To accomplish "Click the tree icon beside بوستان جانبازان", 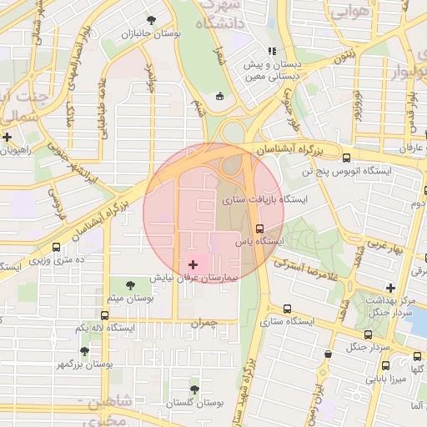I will pyautogui.click(x=151, y=20).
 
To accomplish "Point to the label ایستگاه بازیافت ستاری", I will pyautogui.click(x=264, y=201).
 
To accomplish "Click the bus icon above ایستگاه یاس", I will pyautogui.click(x=259, y=228).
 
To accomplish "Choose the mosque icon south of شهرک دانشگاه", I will pyautogui.click(x=219, y=96).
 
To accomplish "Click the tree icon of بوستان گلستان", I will pyautogui.click(x=194, y=389).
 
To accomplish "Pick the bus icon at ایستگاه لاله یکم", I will pyautogui.click(x=104, y=315).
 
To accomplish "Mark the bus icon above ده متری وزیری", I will pyautogui.click(x=56, y=247).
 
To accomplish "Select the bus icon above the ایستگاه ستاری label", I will pyautogui.click(x=288, y=308).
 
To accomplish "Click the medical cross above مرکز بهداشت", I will pyautogui.click(x=390, y=288).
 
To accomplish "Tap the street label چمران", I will pyautogui.click(x=203, y=322).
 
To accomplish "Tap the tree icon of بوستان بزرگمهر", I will pyautogui.click(x=84, y=351).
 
